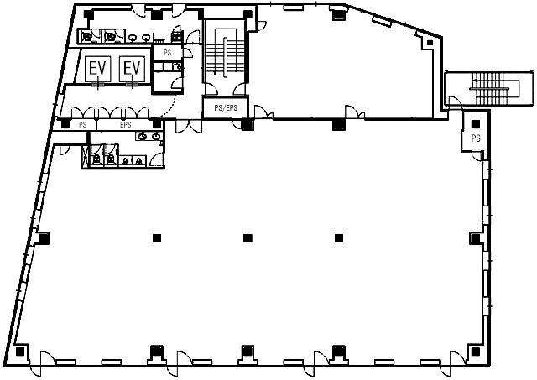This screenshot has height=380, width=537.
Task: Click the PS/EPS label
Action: pyautogui.click(x=226, y=108)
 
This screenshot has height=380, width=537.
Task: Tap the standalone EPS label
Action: pyautogui.click(x=126, y=125)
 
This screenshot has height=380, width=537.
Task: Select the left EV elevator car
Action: pyautogui.click(x=97, y=69)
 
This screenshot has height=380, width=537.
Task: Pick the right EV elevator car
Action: pyautogui.click(x=133, y=69)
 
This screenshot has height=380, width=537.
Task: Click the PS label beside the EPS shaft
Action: pyautogui.click(x=82, y=125)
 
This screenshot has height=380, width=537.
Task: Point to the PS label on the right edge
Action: pyautogui.click(x=476, y=138)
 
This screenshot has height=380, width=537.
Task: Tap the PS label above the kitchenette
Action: pyautogui.click(x=168, y=53)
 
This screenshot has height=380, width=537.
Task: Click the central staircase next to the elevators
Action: pyautogui.click(x=225, y=56)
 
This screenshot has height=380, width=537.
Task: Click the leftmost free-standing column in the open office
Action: pyautogui.click(x=157, y=238)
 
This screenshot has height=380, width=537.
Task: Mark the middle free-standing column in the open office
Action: pyautogui.click(x=248, y=238)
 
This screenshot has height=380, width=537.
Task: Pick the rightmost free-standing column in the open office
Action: pyautogui.click(x=339, y=238)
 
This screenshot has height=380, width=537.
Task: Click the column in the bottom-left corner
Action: pyautogui.click(x=20, y=351)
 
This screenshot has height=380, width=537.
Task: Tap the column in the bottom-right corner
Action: pyautogui.click(x=476, y=351)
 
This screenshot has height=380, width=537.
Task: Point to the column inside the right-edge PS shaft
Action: pyautogui.click(x=476, y=124)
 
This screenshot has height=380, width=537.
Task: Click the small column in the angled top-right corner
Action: pyautogui.click(x=430, y=43)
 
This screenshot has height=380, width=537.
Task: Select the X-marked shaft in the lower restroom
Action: pyautogui.click(x=84, y=156)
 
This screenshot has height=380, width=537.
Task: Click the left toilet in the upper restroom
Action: pyautogui.click(x=87, y=36)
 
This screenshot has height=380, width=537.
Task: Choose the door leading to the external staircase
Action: pyautogui.click(x=455, y=103)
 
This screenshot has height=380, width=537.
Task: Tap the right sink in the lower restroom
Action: pyautogui.click(x=156, y=137)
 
